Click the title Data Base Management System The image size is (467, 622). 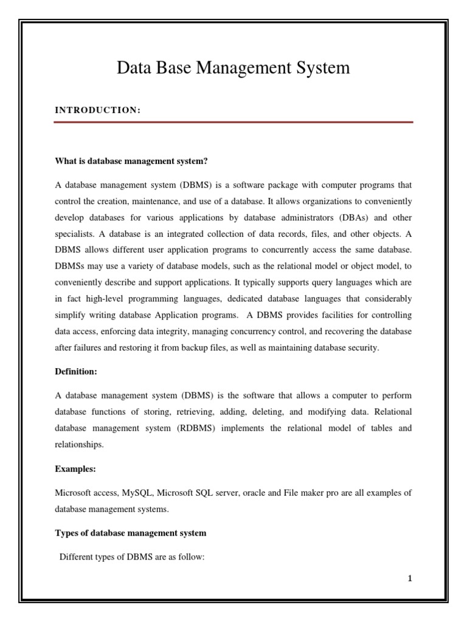[233, 68]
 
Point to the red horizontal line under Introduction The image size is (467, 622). [233, 122]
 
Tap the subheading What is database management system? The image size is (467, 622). [131, 161]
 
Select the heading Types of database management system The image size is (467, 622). [131, 533]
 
